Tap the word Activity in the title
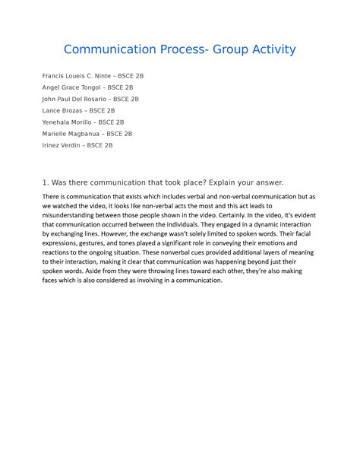click(267, 50)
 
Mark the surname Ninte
click(109, 77)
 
